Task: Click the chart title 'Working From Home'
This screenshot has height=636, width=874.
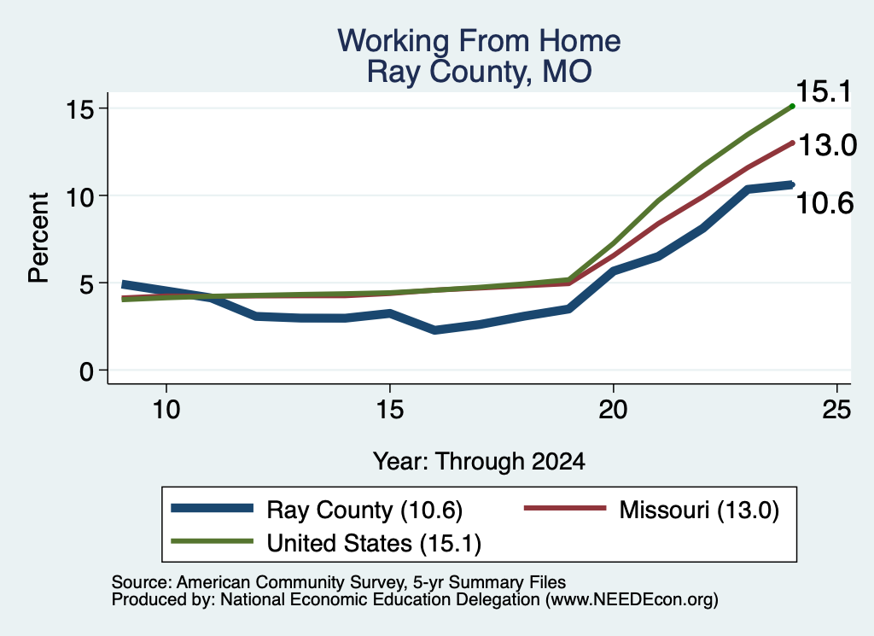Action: click(479, 41)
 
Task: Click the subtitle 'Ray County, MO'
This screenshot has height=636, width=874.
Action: click(479, 72)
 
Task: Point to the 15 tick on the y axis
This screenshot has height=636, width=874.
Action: click(79, 108)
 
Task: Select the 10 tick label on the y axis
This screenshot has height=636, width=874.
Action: click(79, 196)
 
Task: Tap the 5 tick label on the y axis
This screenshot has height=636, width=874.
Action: click(86, 283)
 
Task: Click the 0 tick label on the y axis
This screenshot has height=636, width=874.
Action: click(86, 371)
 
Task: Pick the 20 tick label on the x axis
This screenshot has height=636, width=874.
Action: click(613, 411)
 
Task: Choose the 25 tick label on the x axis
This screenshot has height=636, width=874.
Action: click(836, 411)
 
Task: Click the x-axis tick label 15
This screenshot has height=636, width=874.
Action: click(389, 411)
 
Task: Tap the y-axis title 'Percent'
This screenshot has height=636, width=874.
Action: click(38, 238)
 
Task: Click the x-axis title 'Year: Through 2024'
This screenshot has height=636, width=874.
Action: click(479, 462)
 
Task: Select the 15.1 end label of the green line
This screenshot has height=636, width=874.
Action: click(824, 91)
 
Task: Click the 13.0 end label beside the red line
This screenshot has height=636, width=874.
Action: click(827, 145)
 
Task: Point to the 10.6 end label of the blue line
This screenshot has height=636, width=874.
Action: click(824, 203)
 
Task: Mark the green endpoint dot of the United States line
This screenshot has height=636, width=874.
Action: click(792, 106)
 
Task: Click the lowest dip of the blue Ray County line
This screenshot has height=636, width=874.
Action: click(434, 330)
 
